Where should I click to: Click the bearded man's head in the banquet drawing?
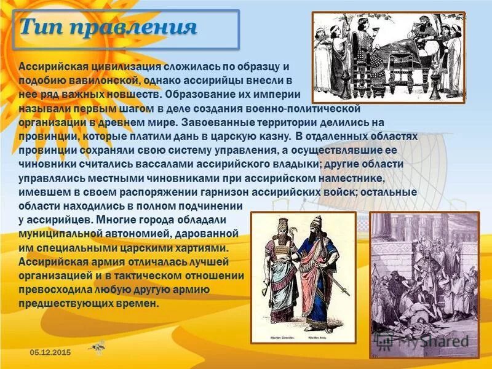point(423,27)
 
